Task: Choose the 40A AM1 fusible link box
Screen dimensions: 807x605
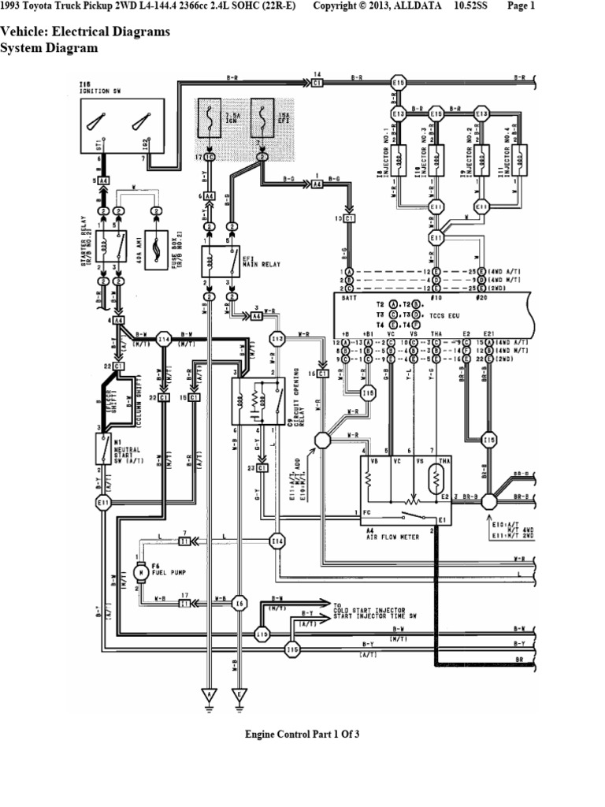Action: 158,247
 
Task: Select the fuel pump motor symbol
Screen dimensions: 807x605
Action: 139,570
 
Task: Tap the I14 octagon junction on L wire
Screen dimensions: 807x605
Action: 277,541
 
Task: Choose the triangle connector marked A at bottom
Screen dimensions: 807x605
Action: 210,695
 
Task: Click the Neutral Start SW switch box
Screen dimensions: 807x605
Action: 103,449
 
